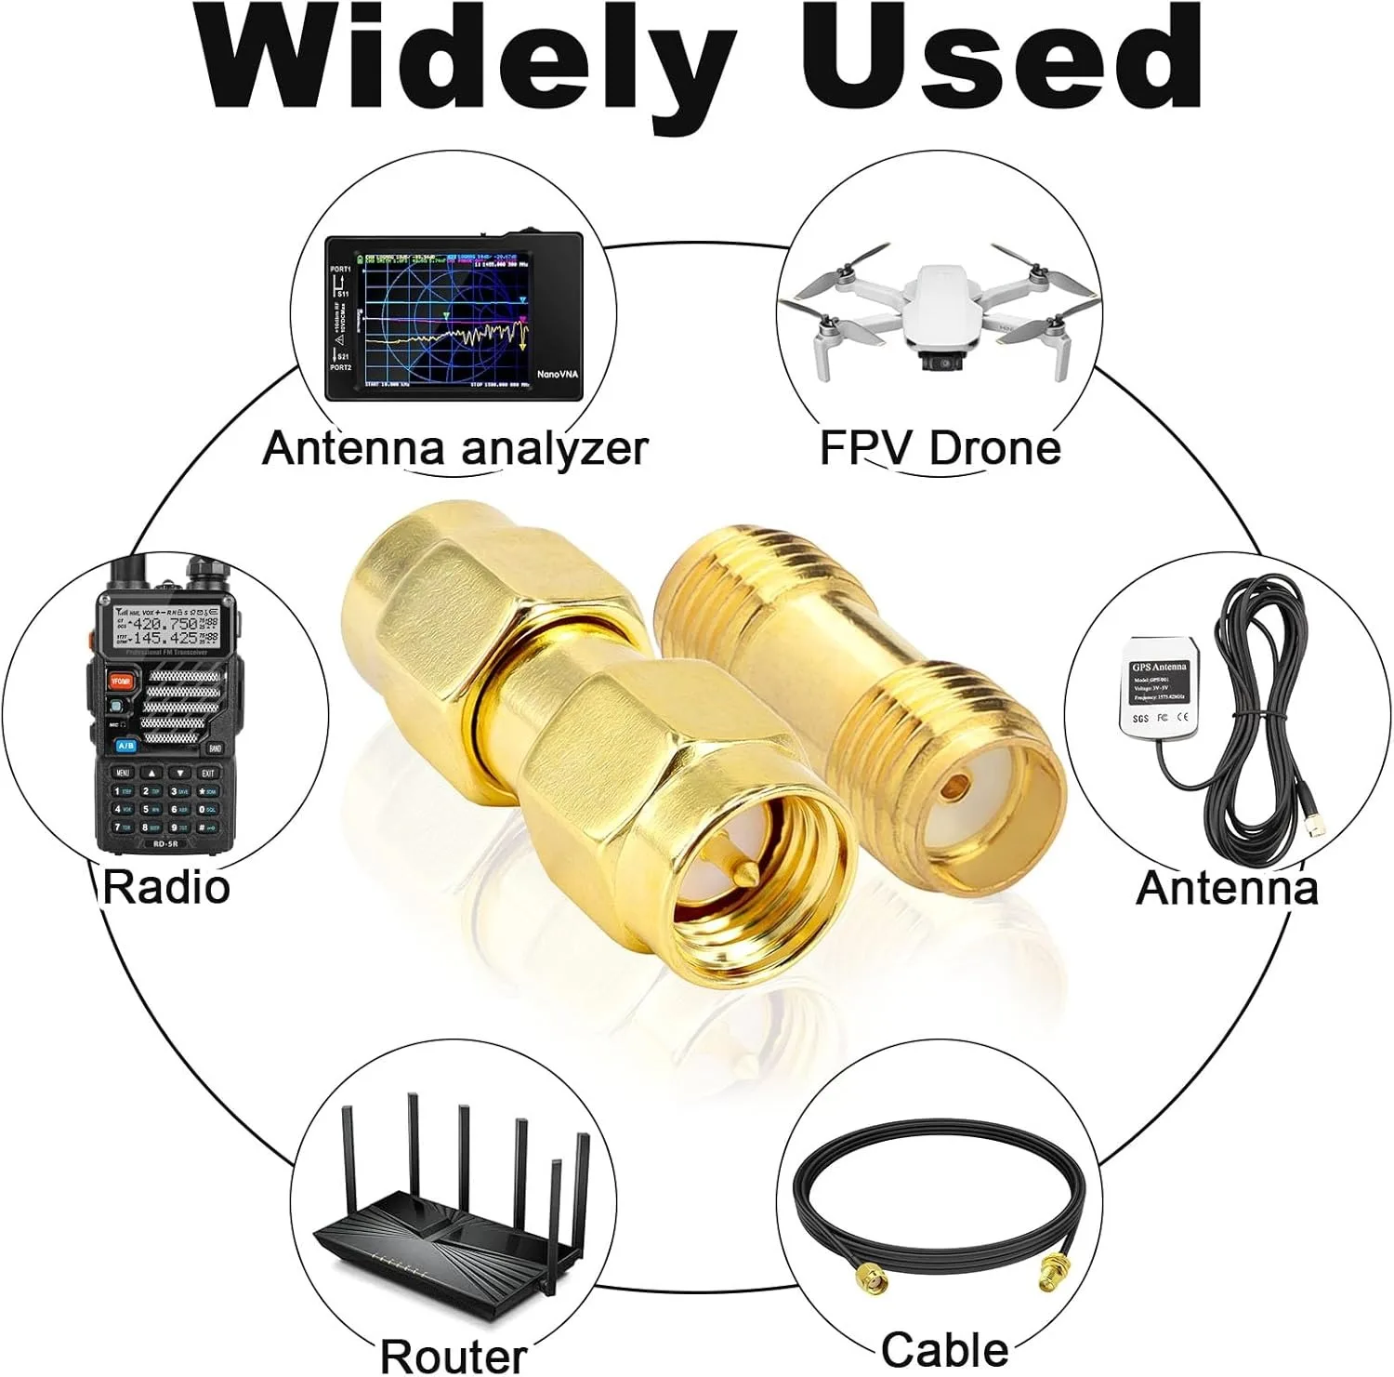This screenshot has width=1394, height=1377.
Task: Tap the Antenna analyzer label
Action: (x=454, y=448)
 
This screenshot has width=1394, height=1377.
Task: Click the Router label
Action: (x=454, y=1355)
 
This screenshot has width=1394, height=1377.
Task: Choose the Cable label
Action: (x=944, y=1349)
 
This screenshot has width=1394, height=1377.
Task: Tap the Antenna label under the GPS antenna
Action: (x=1227, y=887)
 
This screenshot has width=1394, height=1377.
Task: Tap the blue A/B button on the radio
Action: (x=125, y=745)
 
